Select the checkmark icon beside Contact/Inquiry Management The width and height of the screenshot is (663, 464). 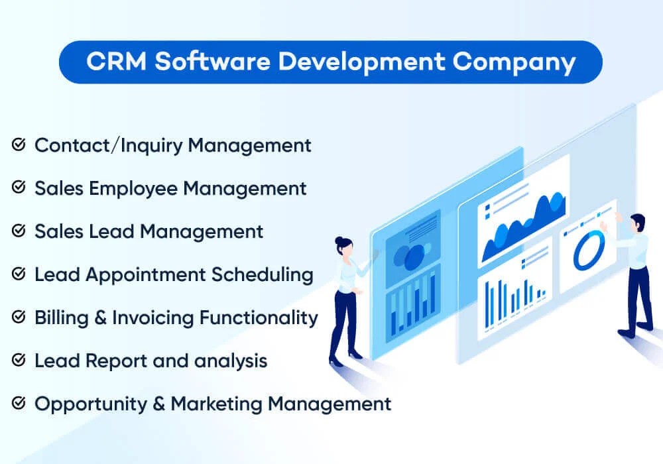19,145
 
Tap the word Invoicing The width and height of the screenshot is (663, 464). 152,318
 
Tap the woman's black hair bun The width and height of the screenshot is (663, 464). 339,240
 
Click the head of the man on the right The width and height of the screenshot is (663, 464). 637,222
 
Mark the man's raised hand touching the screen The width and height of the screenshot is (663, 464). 618,217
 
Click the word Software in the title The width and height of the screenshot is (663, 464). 209,62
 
